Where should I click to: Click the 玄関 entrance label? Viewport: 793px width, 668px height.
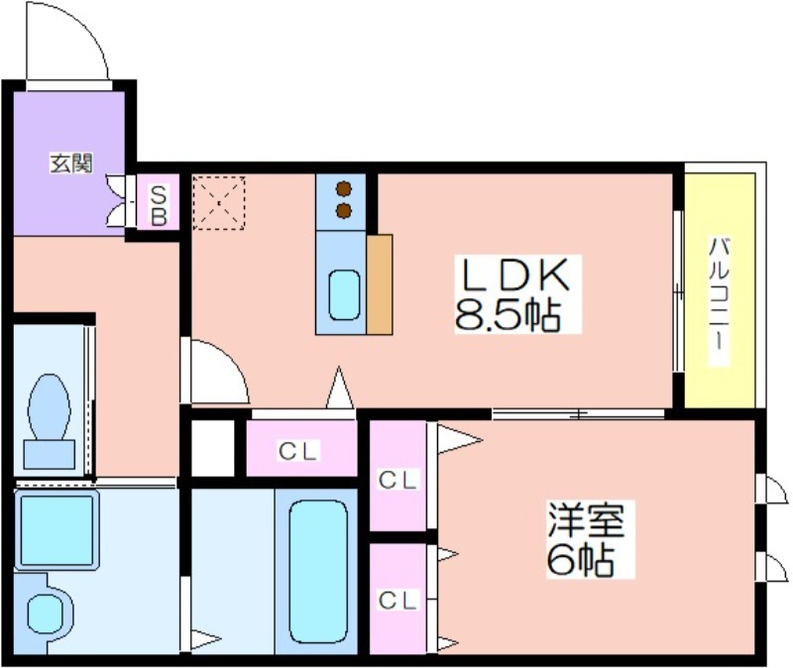pos(70,163)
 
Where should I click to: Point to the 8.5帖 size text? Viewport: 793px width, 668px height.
pos(508,315)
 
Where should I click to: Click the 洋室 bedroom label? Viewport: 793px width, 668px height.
pos(587,520)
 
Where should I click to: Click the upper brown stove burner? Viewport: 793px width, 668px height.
pos(344,188)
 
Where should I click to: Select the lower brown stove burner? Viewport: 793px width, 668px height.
pos(344,210)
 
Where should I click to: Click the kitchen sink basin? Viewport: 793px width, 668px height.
pos(344,295)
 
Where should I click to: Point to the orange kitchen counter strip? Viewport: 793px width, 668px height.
pos(380,284)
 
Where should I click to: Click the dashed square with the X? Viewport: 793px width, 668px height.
pos(219,203)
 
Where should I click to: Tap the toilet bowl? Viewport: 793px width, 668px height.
pos(49,407)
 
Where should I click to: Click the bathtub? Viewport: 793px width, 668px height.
pos(318,572)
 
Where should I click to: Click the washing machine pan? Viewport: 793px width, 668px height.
pos(57,529)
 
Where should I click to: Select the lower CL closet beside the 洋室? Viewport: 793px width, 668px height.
pos(397,599)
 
